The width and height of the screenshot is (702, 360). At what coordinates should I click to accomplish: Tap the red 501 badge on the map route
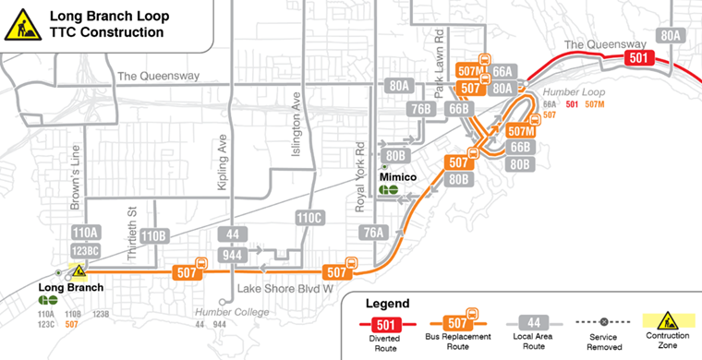(x=636, y=57)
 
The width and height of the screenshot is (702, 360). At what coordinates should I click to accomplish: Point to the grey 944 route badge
(x=233, y=255)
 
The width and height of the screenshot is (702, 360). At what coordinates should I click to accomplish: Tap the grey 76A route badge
(x=374, y=233)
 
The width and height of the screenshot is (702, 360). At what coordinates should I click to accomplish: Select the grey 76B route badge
(x=422, y=109)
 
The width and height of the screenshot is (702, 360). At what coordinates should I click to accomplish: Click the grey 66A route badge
(x=502, y=70)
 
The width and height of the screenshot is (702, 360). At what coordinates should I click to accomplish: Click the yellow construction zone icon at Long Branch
(x=79, y=271)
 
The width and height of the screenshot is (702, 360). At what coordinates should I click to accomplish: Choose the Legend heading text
(x=388, y=303)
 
